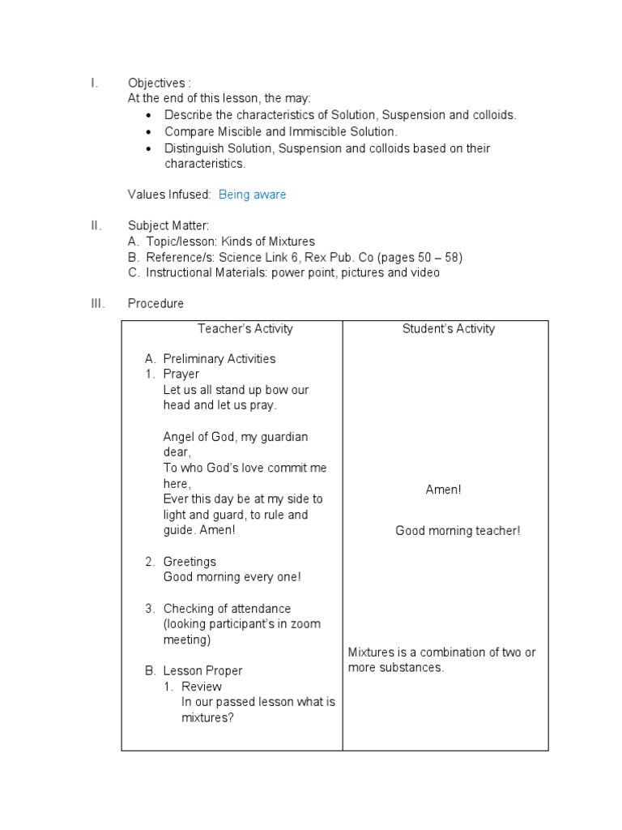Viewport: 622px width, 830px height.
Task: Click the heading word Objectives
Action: click(155, 83)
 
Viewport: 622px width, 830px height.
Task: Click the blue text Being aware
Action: click(252, 195)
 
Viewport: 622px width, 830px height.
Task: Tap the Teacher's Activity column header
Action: click(245, 329)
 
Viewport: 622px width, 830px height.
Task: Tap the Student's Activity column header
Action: click(448, 329)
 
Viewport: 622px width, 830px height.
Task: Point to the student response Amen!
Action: click(443, 490)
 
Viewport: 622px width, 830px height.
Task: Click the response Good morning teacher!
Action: click(458, 531)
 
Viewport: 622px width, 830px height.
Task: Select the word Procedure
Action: click(155, 304)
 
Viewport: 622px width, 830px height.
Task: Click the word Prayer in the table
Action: click(181, 374)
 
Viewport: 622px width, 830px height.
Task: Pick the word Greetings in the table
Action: click(190, 562)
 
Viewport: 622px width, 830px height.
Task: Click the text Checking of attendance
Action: click(227, 609)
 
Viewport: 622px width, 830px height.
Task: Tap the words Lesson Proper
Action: click(202, 671)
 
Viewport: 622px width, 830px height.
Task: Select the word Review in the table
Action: click(202, 687)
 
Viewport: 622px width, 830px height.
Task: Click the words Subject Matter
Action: click(168, 226)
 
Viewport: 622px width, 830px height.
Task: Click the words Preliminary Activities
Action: click(219, 359)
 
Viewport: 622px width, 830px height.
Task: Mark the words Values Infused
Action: click(169, 195)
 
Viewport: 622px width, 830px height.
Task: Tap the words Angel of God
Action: click(198, 437)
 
